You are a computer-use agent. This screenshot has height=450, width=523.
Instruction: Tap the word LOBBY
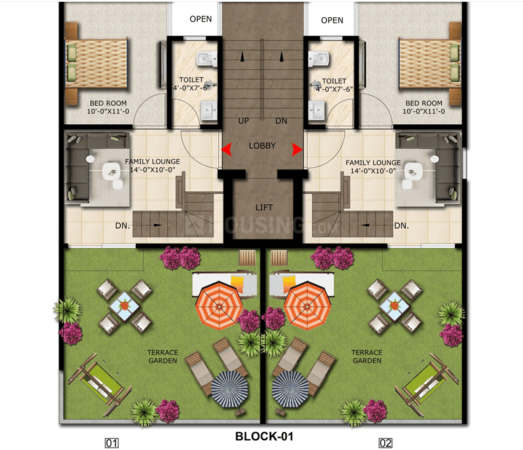262,146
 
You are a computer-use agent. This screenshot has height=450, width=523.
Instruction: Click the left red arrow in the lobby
227,149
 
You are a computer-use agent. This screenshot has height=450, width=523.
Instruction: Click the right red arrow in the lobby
297,149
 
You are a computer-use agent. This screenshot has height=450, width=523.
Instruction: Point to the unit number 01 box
111,442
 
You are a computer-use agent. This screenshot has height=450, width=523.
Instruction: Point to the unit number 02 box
385,442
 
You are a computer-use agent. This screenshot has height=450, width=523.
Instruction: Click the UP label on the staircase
243,121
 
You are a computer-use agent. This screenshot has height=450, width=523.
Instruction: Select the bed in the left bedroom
96,63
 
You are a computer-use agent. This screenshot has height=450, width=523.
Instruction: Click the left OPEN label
200,19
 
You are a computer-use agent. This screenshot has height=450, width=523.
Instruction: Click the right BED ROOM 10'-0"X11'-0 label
423,107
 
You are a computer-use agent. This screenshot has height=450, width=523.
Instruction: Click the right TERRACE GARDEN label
366,357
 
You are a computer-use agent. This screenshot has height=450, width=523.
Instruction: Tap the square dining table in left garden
125,305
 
